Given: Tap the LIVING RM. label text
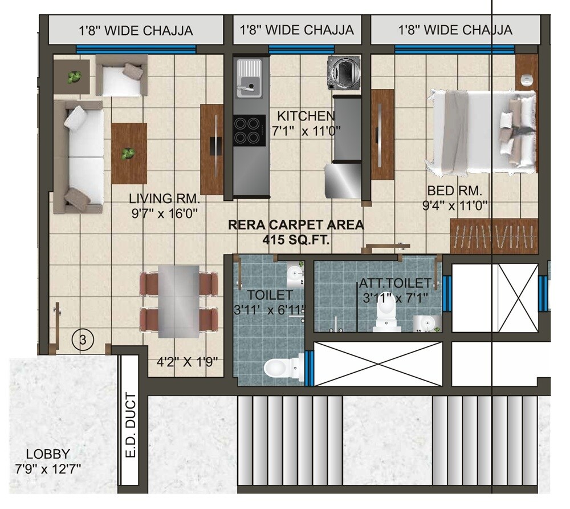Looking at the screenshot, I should tap(164, 199).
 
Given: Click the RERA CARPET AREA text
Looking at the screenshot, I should tap(296, 225).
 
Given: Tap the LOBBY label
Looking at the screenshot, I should tap(48, 454).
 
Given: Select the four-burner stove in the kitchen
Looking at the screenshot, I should tap(249, 131).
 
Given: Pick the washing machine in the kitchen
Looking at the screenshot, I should tap(344, 72).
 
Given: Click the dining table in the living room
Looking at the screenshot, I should tap(178, 301).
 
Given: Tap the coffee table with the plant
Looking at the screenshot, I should tap(129, 153).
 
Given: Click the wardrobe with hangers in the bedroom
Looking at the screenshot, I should tap(494, 236).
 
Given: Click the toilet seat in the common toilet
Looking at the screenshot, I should tap(282, 367).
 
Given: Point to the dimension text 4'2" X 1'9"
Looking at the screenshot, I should tap(188, 362).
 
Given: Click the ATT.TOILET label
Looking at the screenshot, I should tap(395, 283).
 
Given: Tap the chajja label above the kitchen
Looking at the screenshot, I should tap(297, 30).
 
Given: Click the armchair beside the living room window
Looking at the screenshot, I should tap(121, 76).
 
